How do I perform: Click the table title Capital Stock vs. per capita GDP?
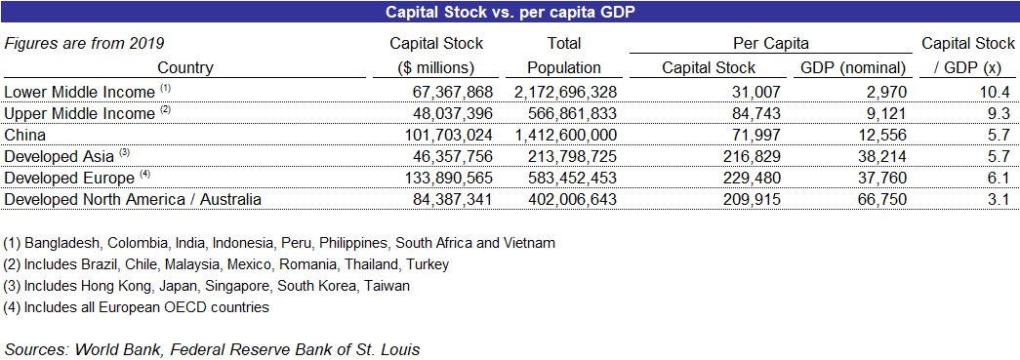point(510,12)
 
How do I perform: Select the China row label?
point(25,135)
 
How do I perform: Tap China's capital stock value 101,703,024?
point(439,135)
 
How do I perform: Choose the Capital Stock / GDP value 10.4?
point(996,92)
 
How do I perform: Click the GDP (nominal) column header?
point(853,68)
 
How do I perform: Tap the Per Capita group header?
point(770,44)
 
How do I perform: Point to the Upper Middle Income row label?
point(80,113)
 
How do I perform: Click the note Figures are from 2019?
point(84,44)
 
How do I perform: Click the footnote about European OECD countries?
point(136,307)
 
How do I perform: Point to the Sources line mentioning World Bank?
point(212,348)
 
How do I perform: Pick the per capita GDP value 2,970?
point(887,92)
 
